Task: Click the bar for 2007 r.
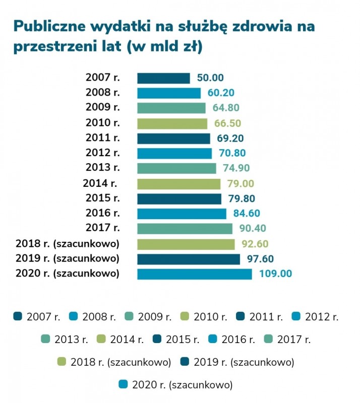(163, 78)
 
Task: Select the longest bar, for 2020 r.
(194, 274)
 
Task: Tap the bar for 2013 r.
(176, 168)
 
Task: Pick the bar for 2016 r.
(182, 214)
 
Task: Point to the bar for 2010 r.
(172, 123)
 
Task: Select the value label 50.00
(210, 78)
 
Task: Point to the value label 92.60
(255, 244)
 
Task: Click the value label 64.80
(226, 108)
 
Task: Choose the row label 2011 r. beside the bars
(103, 138)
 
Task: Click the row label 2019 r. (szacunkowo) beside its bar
(68, 259)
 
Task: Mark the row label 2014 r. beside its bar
(99, 183)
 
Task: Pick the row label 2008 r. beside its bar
(103, 93)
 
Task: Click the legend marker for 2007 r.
(18, 317)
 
